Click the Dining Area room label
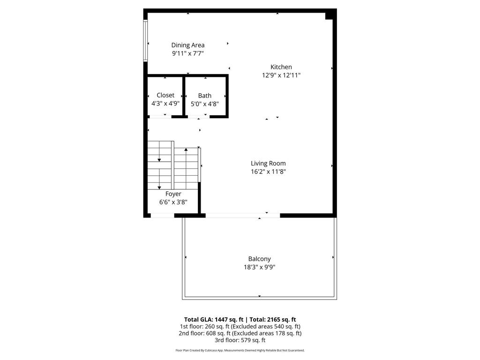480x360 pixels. point(187,45)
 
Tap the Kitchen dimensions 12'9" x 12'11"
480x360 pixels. point(281,75)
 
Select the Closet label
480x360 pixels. point(165,95)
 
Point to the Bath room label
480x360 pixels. point(204,96)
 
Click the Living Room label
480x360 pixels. point(268,163)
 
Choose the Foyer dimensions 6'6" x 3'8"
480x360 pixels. point(173,202)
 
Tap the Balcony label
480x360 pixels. point(259,259)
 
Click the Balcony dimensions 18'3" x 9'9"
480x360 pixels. point(259,267)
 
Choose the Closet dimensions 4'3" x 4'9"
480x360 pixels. point(165,103)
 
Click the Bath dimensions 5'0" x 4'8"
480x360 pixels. point(205,104)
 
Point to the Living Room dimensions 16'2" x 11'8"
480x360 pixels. point(268,172)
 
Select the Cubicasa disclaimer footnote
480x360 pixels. point(240,350)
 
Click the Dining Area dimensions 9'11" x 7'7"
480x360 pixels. point(187,53)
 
